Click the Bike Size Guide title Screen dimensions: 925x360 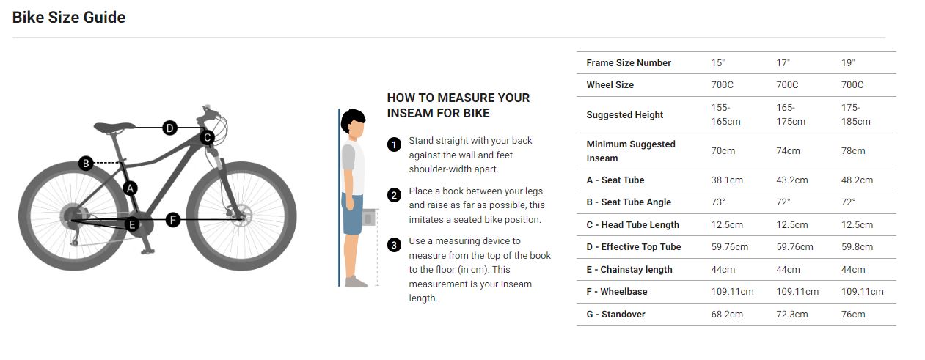click(69, 18)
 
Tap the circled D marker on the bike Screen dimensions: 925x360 click(169, 128)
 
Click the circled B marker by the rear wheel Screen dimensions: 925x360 click(86, 163)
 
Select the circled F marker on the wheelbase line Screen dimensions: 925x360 click(173, 220)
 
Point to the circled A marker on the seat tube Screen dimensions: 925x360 click(131, 188)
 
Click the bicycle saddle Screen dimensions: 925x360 click(114, 127)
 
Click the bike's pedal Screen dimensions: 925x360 click(147, 251)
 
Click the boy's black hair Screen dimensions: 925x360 click(353, 120)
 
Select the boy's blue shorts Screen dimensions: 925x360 click(352, 214)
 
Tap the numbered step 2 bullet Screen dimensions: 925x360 click(394, 195)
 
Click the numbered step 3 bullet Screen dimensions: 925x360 click(394, 245)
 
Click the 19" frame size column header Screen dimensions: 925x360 click(848, 63)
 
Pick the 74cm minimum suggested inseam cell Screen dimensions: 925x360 click(788, 151)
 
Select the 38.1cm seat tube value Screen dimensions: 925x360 click(727, 180)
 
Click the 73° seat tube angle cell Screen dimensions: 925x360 click(718, 202)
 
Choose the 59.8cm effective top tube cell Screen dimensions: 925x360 click(858, 247)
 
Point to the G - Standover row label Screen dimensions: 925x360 click(615, 314)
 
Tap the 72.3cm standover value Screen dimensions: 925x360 click(792, 314)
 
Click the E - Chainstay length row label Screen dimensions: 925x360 click(629, 270)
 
